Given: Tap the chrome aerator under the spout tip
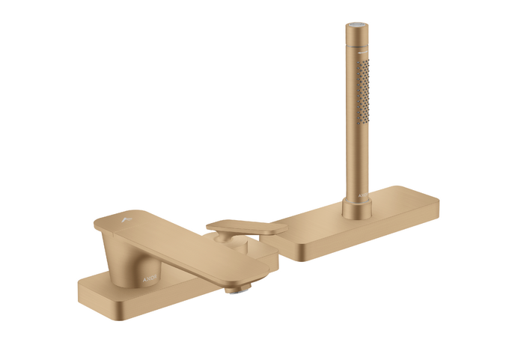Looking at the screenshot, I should pyautogui.click(x=236, y=287).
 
